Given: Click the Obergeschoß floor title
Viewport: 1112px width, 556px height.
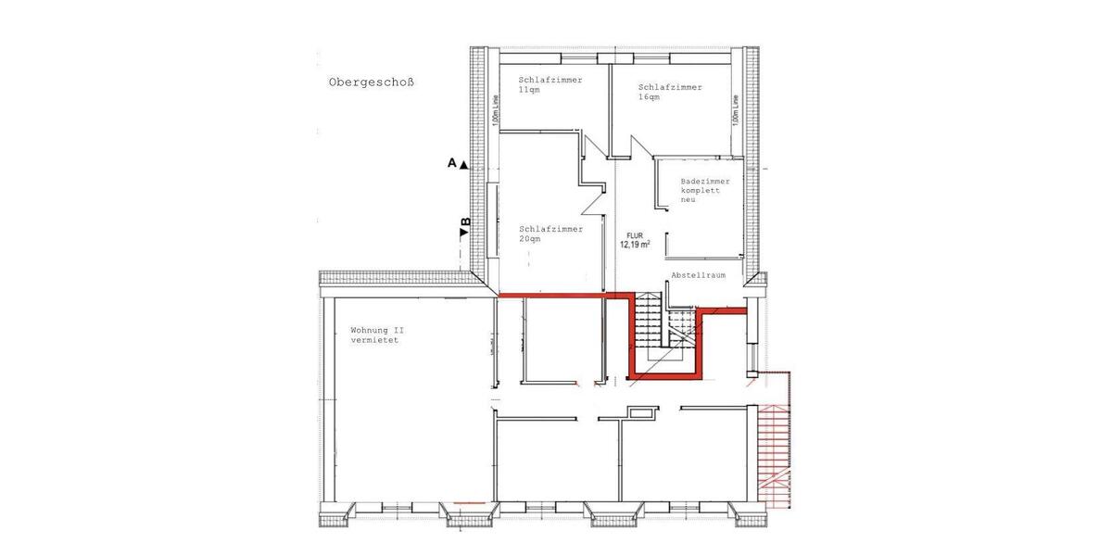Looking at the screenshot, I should pos(371,82).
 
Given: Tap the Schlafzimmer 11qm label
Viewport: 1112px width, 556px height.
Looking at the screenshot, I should pos(550,85).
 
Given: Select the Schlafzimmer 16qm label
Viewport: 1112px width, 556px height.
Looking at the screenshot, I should pos(670,92).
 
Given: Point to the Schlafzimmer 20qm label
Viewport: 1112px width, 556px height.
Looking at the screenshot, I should pos(550,234).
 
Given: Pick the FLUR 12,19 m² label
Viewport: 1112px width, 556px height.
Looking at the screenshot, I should pos(635,240).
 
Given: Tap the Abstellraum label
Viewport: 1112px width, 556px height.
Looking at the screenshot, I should pos(698,276).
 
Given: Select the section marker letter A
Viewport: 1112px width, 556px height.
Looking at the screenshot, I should pos(451,163).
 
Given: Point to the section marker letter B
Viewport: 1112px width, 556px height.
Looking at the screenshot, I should pos(465,222).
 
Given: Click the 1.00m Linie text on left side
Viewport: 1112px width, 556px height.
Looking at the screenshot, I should pos(497,110).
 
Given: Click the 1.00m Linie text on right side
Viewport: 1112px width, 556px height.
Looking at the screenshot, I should pos(734,110).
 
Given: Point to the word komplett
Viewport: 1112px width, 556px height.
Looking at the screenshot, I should pos(700,190).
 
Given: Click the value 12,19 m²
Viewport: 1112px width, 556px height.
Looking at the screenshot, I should pos(635,246).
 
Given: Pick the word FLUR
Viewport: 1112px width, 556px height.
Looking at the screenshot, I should pos(635,235).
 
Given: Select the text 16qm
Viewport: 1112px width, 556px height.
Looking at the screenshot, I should pos(650,97).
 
